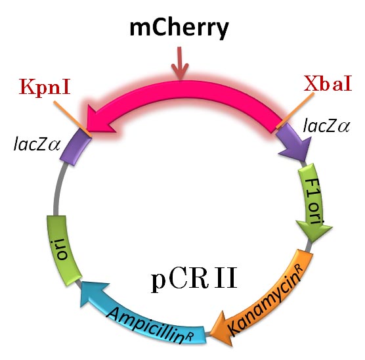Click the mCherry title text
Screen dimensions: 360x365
tap(180, 28)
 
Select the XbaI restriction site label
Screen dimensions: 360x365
tap(327, 85)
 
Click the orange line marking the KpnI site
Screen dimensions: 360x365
tap(68, 113)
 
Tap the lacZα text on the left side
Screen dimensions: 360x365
tap(36, 142)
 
